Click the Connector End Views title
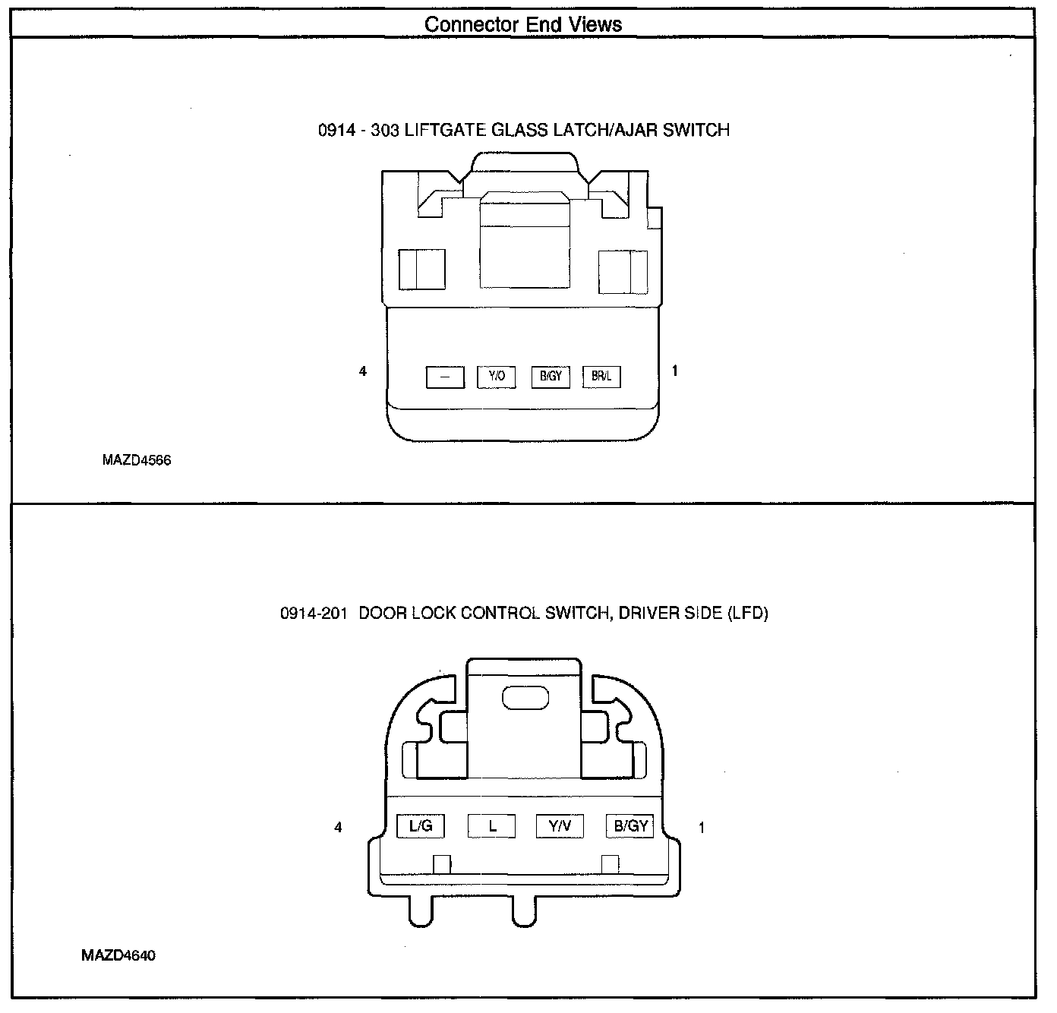pos(523,24)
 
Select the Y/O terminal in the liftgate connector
pos(497,376)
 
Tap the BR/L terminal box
pos(601,376)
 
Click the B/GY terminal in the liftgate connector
pos(550,376)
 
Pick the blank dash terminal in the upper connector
pos(445,377)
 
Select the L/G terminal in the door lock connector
pos(421,825)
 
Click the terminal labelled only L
pos(491,825)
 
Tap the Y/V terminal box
pos(560,825)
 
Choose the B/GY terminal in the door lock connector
pos(630,825)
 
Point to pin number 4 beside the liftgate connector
pos(363,371)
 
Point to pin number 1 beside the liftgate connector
pos(675,371)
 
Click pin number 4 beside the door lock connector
pos(338,828)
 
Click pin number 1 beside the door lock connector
pos(702,828)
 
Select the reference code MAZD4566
pos(137,460)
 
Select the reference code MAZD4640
pos(118,955)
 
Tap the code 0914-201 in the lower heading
pos(314,614)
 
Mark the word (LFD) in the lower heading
pos(748,614)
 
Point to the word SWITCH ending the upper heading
pos(696,130)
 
